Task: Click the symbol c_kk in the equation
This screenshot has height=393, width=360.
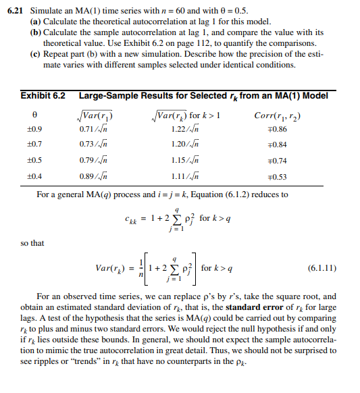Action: tap(133, 218)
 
